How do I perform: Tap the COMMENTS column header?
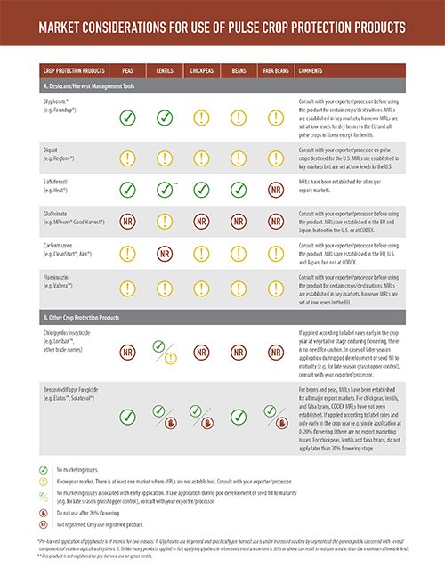[x=311, y=69]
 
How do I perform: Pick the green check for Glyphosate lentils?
[x=164, y=117]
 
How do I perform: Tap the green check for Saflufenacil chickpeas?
[x=201, y=189]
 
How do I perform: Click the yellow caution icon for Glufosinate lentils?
[x=164, y=222]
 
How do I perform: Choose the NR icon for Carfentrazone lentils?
[x=164, y=254]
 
